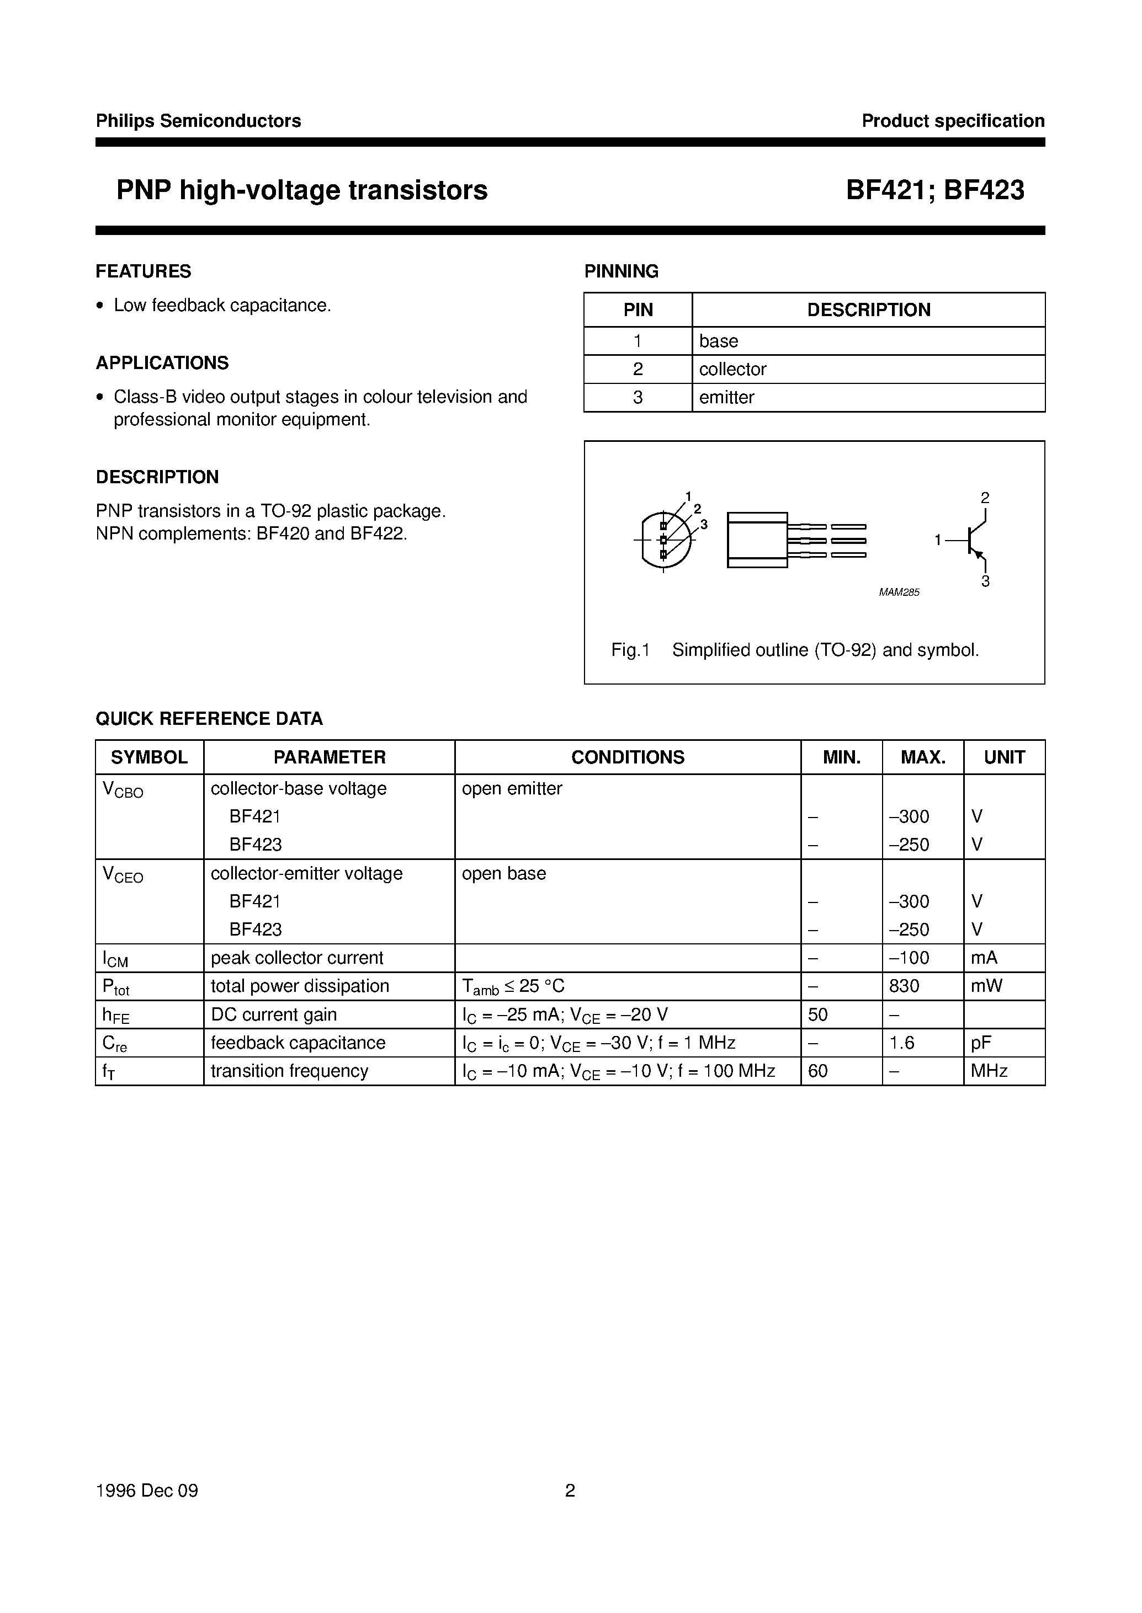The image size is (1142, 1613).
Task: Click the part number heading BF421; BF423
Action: pos(934,190)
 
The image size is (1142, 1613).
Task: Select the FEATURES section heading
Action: pos(144,271)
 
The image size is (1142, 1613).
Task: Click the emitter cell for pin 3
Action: pos(726,397)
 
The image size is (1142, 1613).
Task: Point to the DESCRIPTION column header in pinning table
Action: pos(868,310)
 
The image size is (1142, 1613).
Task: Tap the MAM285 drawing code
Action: pos(899,592)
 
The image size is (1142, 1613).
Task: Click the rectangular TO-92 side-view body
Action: pos(757,540)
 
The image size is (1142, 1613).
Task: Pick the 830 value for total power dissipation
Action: pos(904,986)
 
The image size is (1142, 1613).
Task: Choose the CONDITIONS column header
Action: pos(627,757)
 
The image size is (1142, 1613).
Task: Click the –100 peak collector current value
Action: pos(909,958)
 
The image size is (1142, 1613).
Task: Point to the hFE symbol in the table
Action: pos(116,1016)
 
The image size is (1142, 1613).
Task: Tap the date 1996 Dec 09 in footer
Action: pos(147,1491)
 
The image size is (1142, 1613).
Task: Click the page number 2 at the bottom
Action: pos(570,1491)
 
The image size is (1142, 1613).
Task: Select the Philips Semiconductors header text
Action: pos(198,121)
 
